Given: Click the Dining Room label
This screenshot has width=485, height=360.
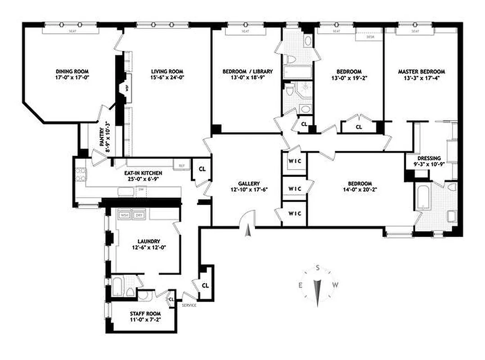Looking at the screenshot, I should click(x=72, y=72).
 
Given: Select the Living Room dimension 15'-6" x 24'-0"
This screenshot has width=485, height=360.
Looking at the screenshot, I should click(x=167, y=78).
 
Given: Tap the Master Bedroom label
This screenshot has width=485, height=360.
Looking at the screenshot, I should click(x=421, y=72).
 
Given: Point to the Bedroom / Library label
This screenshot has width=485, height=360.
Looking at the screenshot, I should click(x=247, y=72).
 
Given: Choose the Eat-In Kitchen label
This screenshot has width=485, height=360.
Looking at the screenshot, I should click(x=143, y=173).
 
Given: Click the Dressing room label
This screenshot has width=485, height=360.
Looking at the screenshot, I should click(x=428, y=158).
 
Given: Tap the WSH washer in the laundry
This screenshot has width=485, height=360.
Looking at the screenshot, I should click(x=124, y=216).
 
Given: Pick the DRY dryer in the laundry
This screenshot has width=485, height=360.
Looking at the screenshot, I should click(x=139, y=216).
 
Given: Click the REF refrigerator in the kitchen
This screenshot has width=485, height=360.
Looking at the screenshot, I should click(x=182, y=165).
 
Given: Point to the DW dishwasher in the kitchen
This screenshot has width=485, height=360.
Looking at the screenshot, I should click(x=140, y=189).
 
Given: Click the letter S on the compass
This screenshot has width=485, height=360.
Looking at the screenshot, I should click(x=318, y=268).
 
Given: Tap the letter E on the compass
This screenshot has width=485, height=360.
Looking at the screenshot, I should click(x=300, y=284).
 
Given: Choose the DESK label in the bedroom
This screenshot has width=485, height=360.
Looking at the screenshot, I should click(x=371, y=37).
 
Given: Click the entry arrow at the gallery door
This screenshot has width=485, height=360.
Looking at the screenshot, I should click(x=247, y=232).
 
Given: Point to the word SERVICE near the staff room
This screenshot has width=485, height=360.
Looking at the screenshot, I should click(x=189, y=306).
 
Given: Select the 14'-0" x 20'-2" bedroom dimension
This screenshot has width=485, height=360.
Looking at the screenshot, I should click(x=360, y=190).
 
